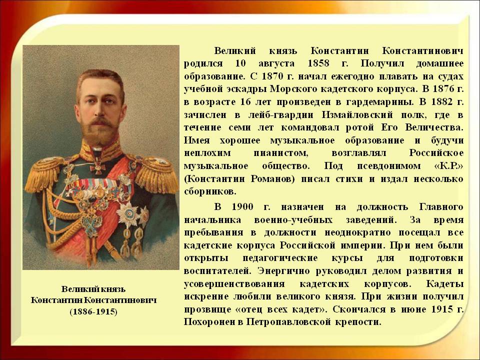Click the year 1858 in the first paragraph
coord(318,63)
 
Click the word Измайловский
coord(357,115)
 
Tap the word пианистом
coord(280,153)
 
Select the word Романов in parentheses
coord(272,179)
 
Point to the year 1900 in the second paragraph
coord(242,206)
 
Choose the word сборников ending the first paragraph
coord(210,192)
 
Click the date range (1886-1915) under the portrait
coord(93,312)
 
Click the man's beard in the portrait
coord(98,132)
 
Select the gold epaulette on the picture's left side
coord(43,173)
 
